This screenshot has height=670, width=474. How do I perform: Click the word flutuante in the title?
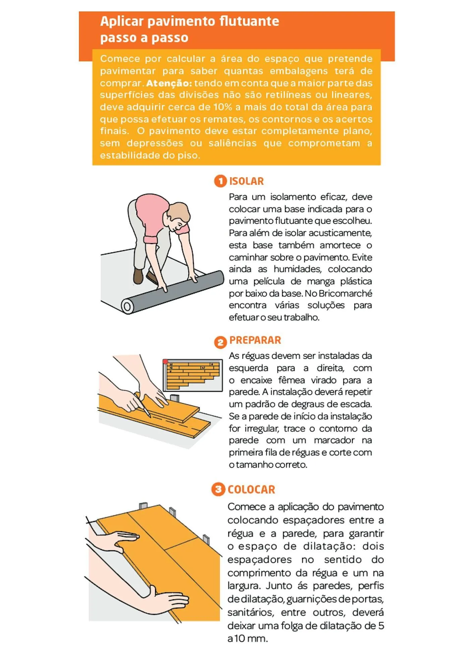tap(249, 21)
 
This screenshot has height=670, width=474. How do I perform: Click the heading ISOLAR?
tap(246, 181)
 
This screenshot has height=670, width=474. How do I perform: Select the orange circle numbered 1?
tap(220, 181)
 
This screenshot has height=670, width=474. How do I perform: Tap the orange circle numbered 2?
tap(220, 342)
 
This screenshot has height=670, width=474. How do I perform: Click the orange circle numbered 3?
tap(218, 489)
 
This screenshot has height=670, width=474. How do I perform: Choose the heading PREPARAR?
tap(255, 340)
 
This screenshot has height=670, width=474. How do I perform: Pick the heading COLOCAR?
tap(251, 489)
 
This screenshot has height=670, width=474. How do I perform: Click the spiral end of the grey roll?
tap(127, 307)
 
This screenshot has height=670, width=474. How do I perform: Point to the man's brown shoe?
tap(138, 276)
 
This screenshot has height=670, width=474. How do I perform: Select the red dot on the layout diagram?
tap(165, 361)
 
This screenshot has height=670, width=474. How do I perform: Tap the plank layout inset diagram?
tap(193, 375)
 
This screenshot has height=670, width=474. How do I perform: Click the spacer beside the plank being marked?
tap(175, 399)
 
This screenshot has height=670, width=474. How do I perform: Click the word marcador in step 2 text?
tap(334, 440)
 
